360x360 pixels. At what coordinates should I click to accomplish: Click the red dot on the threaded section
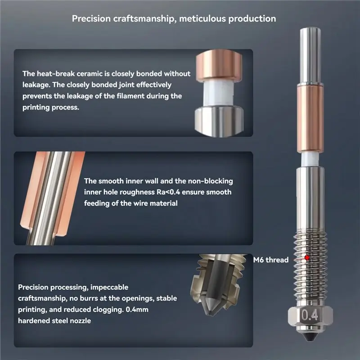tap(307, 258)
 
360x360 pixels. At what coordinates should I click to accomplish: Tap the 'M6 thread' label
tap(271, 260)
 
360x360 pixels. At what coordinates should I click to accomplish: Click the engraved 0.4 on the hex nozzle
tap(310, 315)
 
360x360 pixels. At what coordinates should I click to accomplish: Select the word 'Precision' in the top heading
tap(91, 18)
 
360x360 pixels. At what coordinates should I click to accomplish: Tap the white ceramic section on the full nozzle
tap(310, 160)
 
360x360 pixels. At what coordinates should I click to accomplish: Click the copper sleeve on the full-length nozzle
tap(310, 119)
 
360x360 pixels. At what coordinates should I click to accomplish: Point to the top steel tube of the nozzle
tap(310, 55)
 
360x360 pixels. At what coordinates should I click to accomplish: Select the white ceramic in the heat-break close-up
tap(218, 94)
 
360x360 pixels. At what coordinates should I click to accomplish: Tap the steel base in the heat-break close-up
tap(219, 121)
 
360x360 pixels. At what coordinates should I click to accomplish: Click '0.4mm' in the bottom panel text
tap(137, 310)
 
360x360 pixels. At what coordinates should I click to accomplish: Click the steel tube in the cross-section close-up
tap(51, 198)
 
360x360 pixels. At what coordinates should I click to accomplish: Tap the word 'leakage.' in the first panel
tap(36, 85)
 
